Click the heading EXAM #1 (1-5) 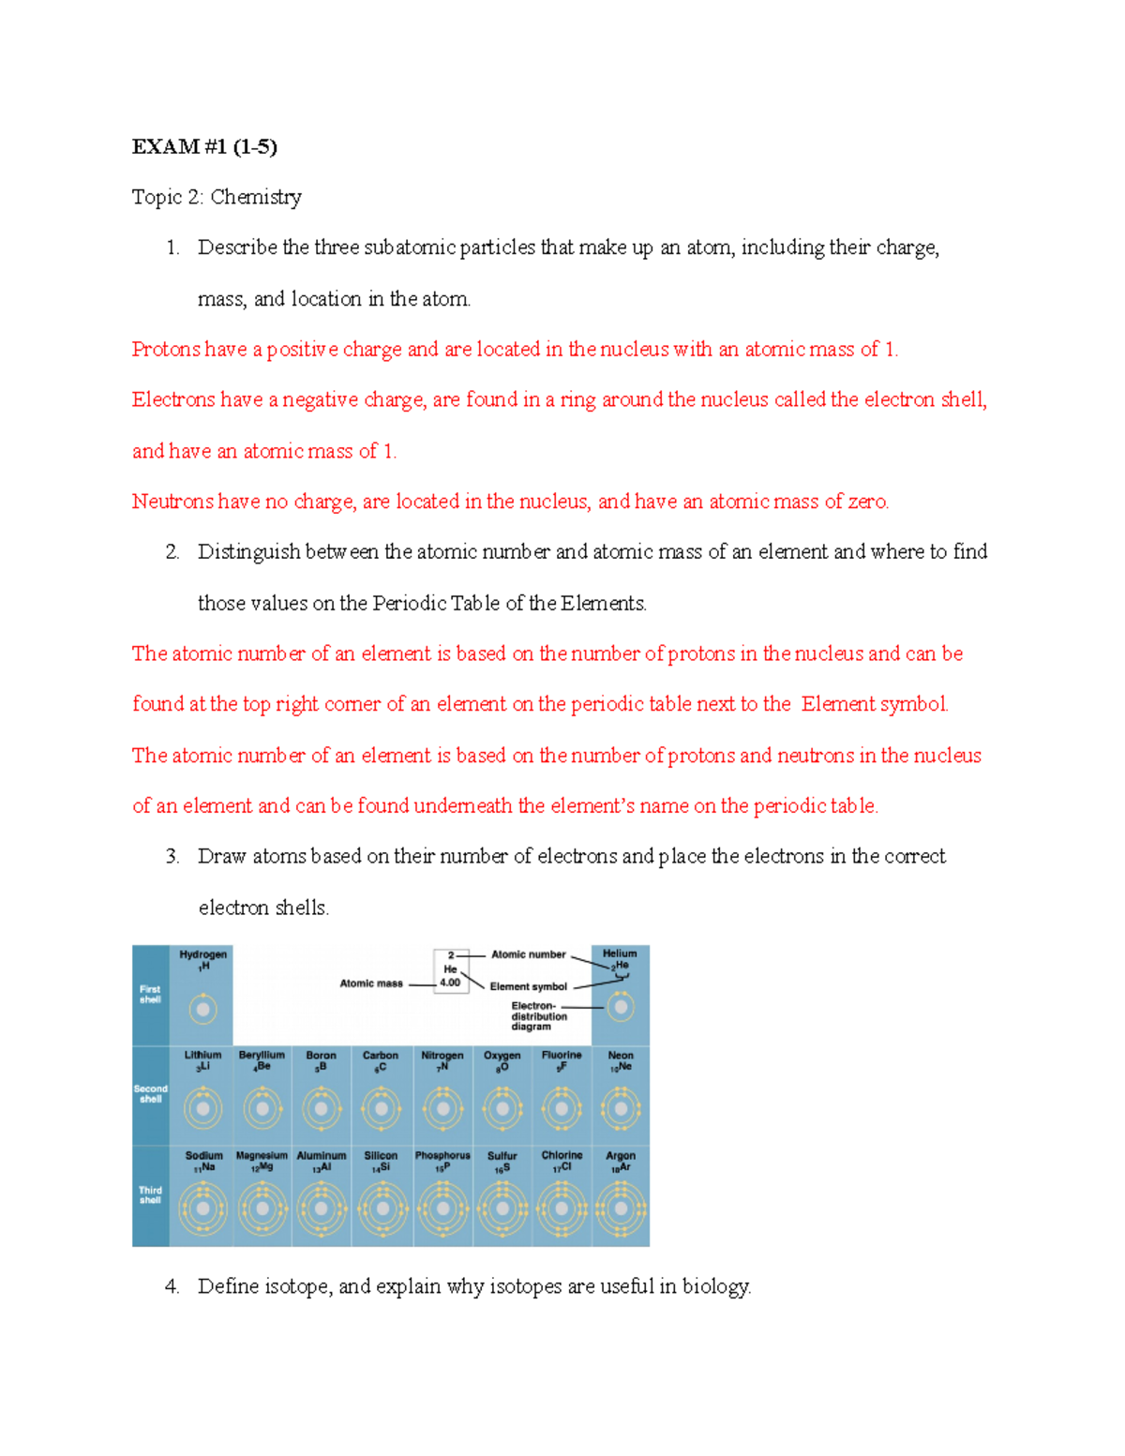pyautogui.click(x=203, y=146)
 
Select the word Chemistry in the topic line pyautogui.click(x=255, y=197)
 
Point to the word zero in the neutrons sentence pyautogui.click(x=867, y=502)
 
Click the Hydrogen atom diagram pyautogui.click(x=202, y=1010)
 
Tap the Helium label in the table pyautogui.click(x=620, y=953)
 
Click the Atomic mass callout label pyautogui.click(x=371, y=983)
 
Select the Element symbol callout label pyautogui.click(x=528, y=986)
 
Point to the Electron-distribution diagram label pyautogui.click(x=538, y=1016)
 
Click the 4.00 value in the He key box pyautogui.click(x=450, y=983)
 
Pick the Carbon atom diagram pyautogui.click(x=381, y=1109)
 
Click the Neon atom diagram pyautogui.click(x=621, y=1109)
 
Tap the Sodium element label pyautogui.click(x=203, y=1156)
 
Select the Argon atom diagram pyautogui.click(x=621, y=1208)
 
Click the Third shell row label pyautogui.click(x=150, y=1194)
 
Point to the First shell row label pyautogui.click(x=150, y=994)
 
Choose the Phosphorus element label pyautogui.click(x=442, y=1156)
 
